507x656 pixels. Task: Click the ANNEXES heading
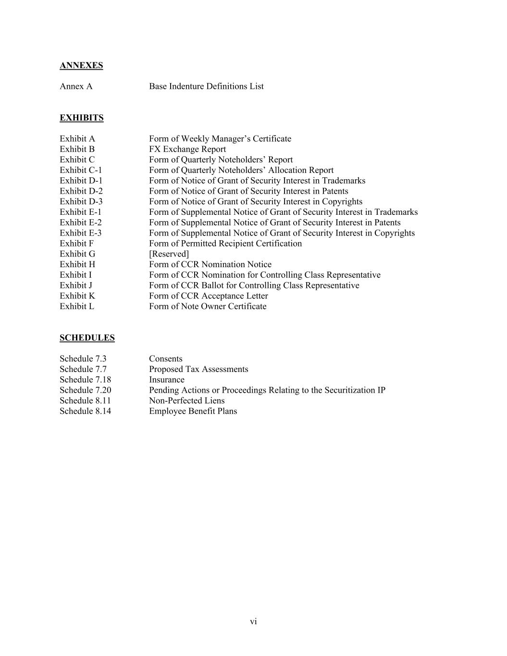tap(81, 65)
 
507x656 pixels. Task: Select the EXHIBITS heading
tap(81, 118)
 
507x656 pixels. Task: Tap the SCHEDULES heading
tap(87, 338)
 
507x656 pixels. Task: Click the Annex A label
tap(76, 87)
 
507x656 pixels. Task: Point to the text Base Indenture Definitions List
tap(206, 87)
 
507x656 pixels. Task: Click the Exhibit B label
tap(77, 149)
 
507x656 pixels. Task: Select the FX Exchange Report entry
tap(187, 149)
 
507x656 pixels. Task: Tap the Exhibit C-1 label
tap(81, 170)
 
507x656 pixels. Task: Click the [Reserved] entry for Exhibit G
tap(169, 254)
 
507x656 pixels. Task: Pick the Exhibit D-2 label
tap(81, 191)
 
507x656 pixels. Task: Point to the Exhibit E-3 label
tap(80, 233)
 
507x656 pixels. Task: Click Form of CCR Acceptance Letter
tap(208, 296)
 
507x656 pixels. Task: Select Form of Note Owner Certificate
tap(208, 307)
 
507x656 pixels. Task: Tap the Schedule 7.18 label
tap(85, 380)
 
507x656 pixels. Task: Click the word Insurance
tap(166, 380)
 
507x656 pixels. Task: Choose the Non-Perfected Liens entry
tap(186, 401)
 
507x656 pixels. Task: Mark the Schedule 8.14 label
tap(85, 411)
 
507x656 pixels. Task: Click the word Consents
tap(165, 359)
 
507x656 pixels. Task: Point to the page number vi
tap(253, 622)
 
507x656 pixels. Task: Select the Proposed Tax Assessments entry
tap(198, 369)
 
